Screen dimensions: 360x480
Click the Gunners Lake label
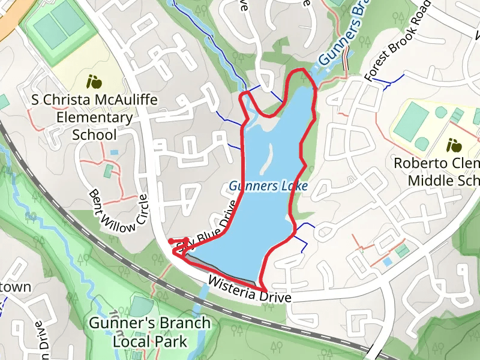268,186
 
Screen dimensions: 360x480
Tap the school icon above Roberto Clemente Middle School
454,145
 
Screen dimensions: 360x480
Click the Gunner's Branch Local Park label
150,332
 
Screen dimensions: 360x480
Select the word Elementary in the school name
94,117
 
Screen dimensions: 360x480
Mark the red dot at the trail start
171,242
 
